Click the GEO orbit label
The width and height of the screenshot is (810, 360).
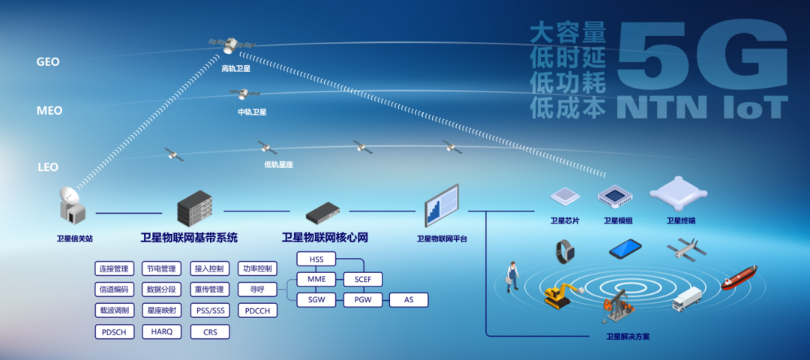pos(48,61)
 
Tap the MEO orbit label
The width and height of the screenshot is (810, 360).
pos(49,110)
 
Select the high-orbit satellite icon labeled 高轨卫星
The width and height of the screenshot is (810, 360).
pos(230,46)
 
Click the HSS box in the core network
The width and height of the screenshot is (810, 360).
pos(316,259)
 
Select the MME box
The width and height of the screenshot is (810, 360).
pos(316,280)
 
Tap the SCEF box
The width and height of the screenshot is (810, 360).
pos(363,280)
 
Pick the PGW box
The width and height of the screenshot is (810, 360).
pos(363,300)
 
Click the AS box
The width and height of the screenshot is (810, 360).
pos(409,300)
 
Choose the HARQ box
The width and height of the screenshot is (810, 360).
pos(161,331)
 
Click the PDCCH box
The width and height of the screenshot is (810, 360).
pos(257,310)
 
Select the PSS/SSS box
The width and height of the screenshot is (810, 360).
pos(209,310)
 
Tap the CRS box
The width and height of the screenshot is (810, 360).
pos(209,331)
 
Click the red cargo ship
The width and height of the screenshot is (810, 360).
pos(739,277)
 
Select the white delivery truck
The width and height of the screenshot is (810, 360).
pos(687,298)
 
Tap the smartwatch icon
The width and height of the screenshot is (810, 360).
pos(565,250)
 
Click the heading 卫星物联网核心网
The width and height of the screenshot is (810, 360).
pos(325,238)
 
